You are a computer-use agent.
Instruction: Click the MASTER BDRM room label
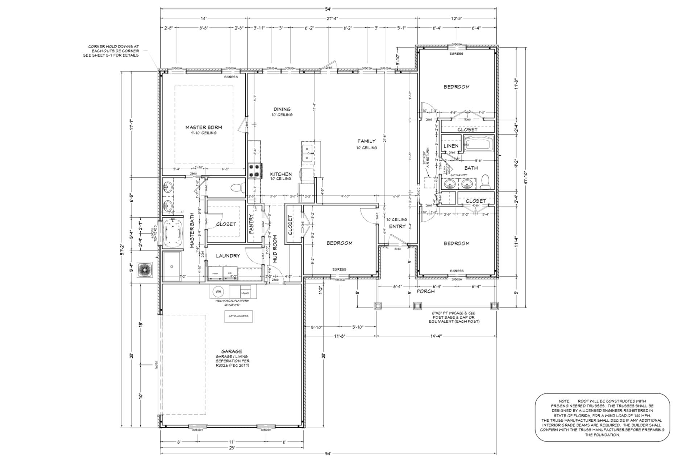click(x=203, y=127)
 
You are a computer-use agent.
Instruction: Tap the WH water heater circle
click(x=218, y=292)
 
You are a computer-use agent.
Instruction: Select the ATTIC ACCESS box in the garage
click(x=238, y=316)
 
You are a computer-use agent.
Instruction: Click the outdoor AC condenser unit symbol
click(x=145, y=270)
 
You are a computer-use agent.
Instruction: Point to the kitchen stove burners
click(x=255, y=171)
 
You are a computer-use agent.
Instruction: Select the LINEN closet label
click(x=451, y=146)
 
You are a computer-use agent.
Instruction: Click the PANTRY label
click(x=251, y=224)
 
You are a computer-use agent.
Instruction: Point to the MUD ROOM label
click(x=275, y=249)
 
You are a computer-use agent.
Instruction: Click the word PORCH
click(x=425, y=291)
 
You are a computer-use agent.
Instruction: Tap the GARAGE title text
click(x=232, y=351)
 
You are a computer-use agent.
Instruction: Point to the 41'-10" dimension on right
click(x=525, y=178)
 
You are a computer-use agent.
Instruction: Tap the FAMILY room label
click(x=366, y=141)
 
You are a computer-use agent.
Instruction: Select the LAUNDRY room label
click(x=228, y=256)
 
